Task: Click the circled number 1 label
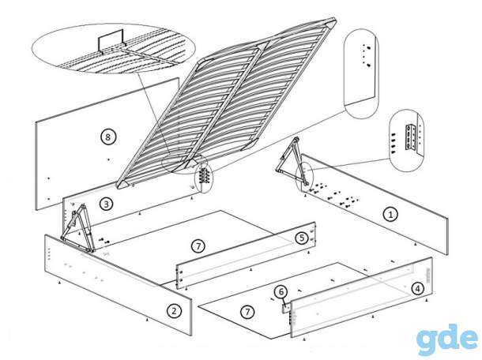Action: point(390,214)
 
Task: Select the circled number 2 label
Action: point(174,311)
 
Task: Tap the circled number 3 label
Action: point(106,204)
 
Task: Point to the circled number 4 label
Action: point(417,288)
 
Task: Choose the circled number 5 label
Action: point(302,238)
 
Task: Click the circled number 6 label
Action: point(281,292)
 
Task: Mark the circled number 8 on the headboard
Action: point(107,137)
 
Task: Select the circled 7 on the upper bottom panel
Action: point(198,246)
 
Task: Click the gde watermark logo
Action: point(449,340)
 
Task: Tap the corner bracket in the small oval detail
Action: point(412,137)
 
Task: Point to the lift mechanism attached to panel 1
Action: point(292,162)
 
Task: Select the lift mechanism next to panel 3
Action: point(77,228)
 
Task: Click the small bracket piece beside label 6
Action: point(285,308)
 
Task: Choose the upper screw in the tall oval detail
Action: point(367,47)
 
